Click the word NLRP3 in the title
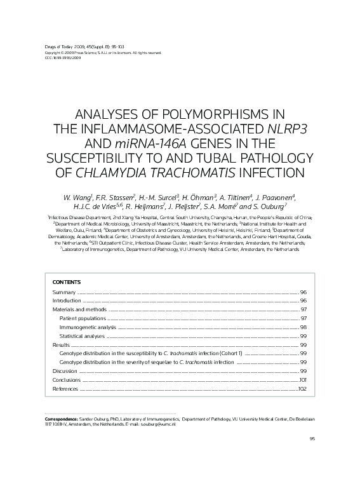tap(288, 129)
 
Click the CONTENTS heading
tap(66, 281)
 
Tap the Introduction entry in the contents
tap(67, 300)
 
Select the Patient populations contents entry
tap(83, 318)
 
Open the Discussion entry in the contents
tap(65, 370)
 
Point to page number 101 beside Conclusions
tap(303, 379)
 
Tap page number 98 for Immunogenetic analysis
tap(303, 327)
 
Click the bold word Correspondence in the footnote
tap(61, 420)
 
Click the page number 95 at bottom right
tap(312, 439)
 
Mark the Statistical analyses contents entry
tap(82, 335)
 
